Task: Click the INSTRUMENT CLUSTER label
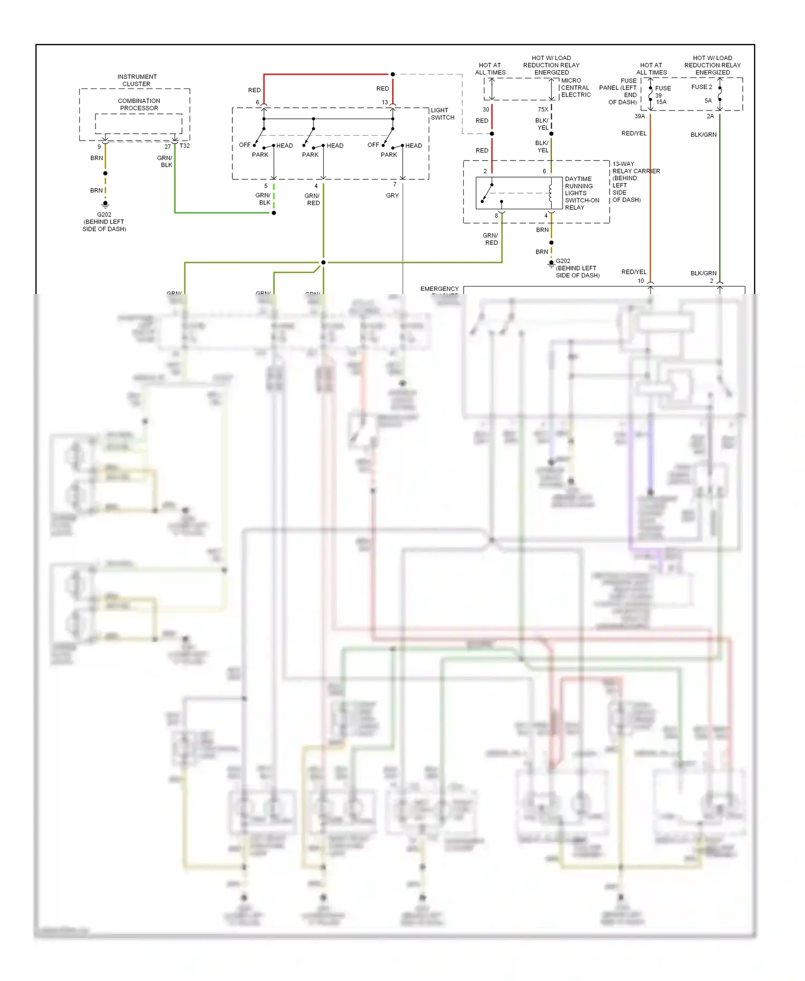pyautogui.click(x=137, y=80)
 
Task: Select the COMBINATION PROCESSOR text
pyautogui.click(x=139, y=104)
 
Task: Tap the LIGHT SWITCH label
pyautogui.click(x=442, y=114)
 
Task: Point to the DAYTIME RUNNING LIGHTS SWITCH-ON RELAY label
pyautogui.click(x=581, y=193)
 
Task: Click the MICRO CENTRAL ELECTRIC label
pyautogui.click(x=575, y=87)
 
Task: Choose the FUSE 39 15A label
pyautogui.click(x=662, y=95)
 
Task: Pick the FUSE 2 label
pyautogui.click(x=701, y=87)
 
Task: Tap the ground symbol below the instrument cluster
pyautogui.click(x=105, y=204)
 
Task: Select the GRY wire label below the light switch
pyautogui.click(x=392, y=195)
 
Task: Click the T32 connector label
pyautogui.click(x=185, y=146)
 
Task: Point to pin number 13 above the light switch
pyautogui.click(x=385, y=102)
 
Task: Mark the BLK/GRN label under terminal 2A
pyautogui.click(x=703, y=135)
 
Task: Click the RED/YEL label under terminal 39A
pyautogui.click(x=634, y=133)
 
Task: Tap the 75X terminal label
pyautogui.click(x=543, y=109)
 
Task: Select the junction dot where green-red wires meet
pyautogui.click(x=323, y=262)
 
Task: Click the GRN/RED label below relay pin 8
pyautogui.click(x=491, y=239)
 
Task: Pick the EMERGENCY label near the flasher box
pyautogui.click(x=440, y=289)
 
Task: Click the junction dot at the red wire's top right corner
pyautogui.click(x=393, y=74)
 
